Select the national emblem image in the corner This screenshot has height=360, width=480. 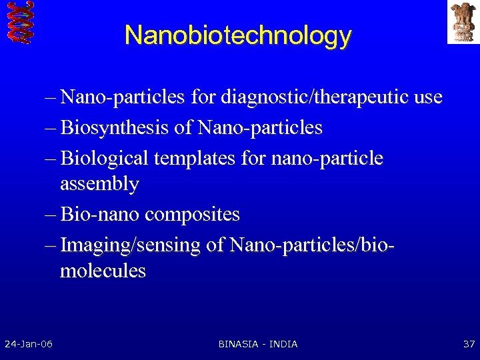463,21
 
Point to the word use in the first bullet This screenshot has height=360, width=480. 427,97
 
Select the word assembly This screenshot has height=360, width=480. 99,184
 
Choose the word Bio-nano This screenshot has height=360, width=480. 99,215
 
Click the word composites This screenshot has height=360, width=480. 192,215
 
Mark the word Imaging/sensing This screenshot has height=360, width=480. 130,245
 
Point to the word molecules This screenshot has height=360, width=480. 103,271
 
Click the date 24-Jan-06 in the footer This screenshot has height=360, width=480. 29,344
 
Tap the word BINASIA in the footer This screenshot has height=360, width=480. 241,344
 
